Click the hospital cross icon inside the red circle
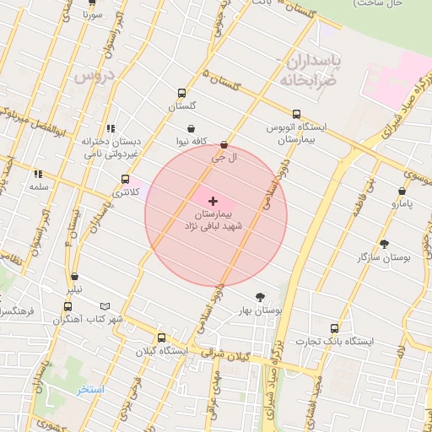[213, 201]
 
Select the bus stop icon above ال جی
[223, 145]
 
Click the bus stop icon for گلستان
[181, 94]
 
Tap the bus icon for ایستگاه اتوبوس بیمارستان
[295, 114]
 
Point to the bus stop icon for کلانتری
[126, 179]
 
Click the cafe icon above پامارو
[402, 192]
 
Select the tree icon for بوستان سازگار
[385, 245]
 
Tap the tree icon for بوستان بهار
[259, 297]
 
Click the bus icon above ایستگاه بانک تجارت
[334, 328]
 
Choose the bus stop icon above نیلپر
[75, 276]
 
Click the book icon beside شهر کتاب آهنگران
[105, 306]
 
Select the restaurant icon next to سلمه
[38, 174]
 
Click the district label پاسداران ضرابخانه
[313, 71]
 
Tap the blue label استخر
[89, 389]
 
